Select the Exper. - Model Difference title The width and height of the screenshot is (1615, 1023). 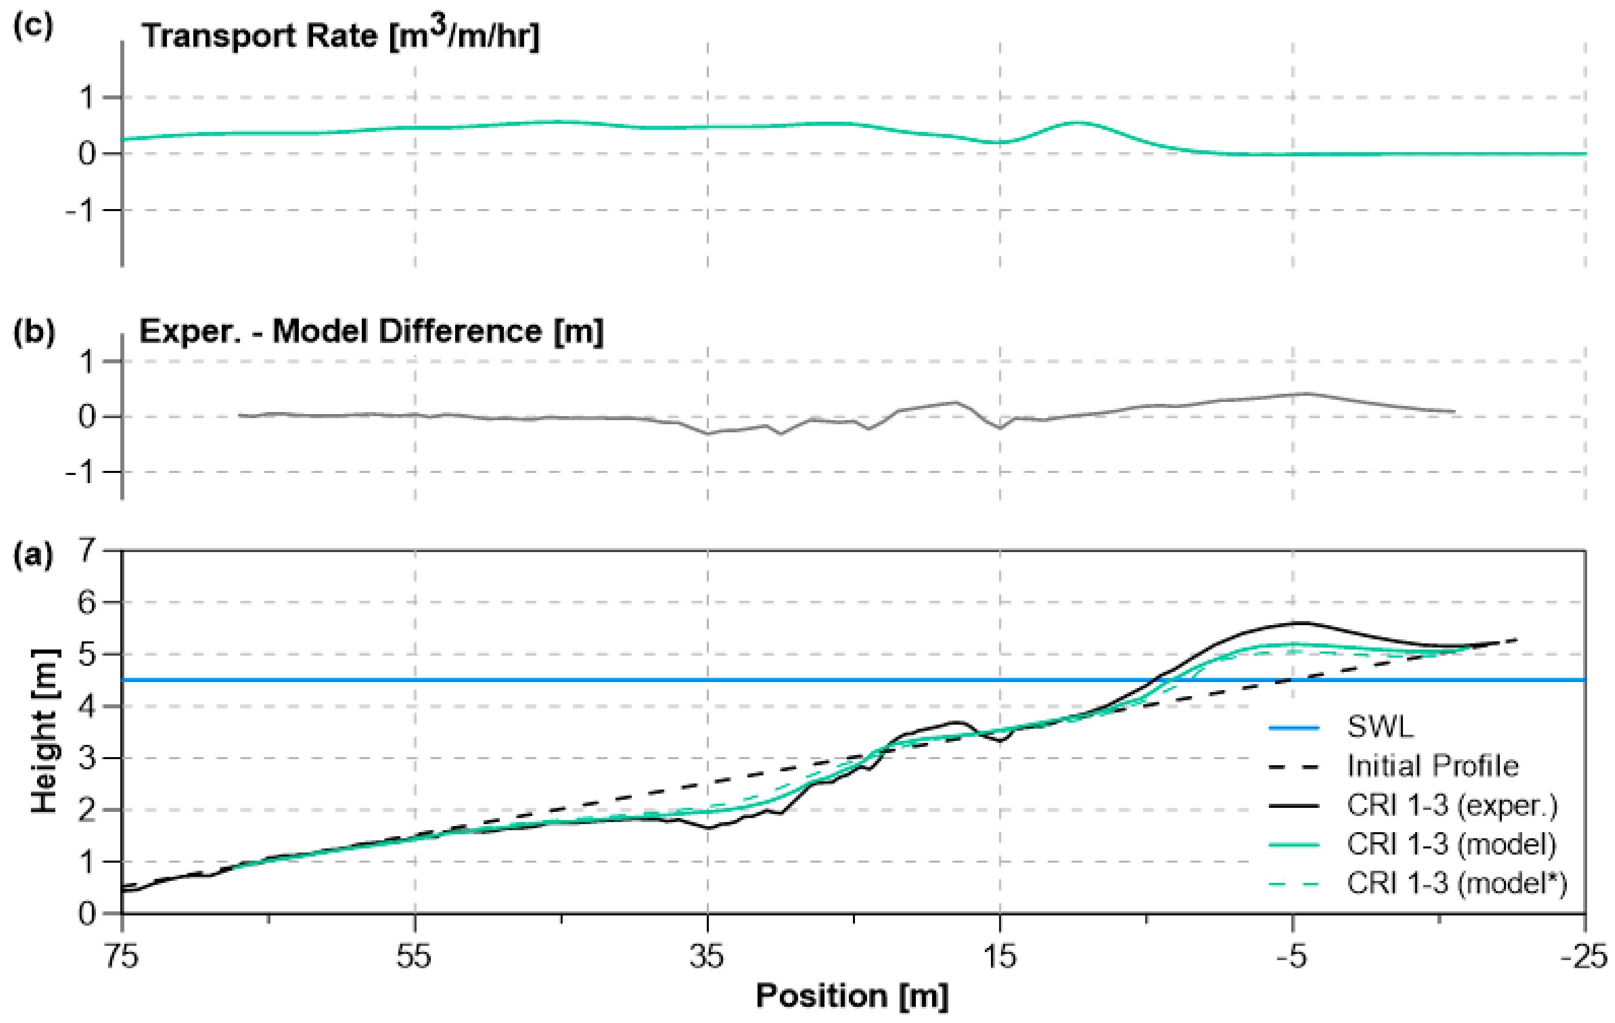point(371,331)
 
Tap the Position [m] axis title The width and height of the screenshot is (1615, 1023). point(852,996)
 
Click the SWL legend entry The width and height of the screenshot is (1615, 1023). point(1380,727)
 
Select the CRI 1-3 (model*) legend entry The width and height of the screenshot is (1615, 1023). point(1457,883)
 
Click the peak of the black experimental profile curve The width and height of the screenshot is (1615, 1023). point(1301,623)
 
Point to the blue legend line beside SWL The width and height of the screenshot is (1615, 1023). point(1294,728)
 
